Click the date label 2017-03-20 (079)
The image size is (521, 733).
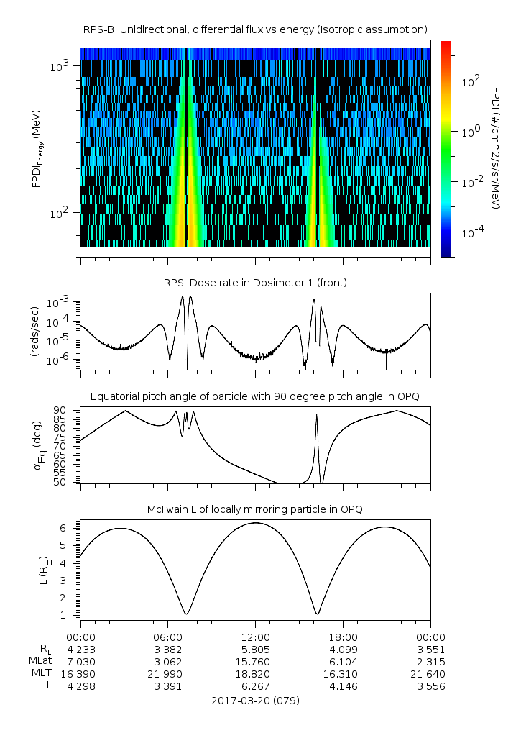tap(255, 700)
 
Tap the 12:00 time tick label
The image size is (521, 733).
tap(255, 637)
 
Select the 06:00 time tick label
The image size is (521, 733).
tap(168, 637)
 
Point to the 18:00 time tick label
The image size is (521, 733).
tap(343, 637)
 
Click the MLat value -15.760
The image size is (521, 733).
tap(255, 662)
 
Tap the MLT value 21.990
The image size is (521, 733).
tap(168, 674)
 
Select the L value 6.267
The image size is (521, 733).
tap(255, 686)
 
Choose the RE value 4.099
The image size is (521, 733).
tap(343, 650)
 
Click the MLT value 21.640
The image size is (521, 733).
tap(430, 674)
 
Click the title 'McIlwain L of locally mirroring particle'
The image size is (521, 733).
tap(255, 509)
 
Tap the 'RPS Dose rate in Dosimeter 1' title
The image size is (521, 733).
tap(255, 283)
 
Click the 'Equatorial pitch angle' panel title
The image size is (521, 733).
tap(255, 396)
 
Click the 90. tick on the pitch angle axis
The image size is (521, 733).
tap(62, 411)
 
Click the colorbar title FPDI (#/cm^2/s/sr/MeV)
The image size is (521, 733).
tap(495, 147)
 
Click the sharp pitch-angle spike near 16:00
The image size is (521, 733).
tap(316, 417)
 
